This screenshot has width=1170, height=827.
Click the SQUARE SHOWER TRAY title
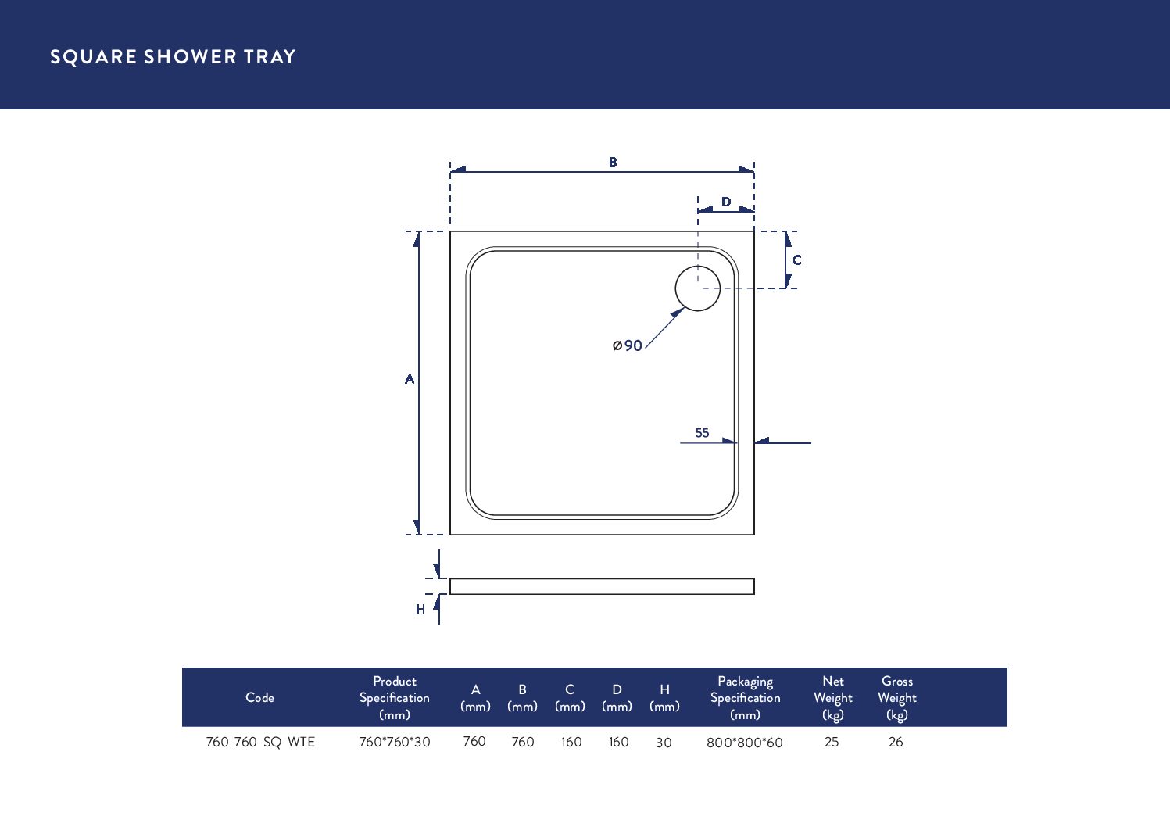coord(173,57)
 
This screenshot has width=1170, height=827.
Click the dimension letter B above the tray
coord(613,163)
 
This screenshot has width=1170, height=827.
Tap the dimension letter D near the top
coord(726,202)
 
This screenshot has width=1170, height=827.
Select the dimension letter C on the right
coord(796,260)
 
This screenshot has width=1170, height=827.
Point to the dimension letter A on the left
coord(409,379)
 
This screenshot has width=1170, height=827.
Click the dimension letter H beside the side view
coord(420,609)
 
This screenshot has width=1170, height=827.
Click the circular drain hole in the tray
coord(697,288)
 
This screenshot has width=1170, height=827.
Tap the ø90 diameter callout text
coord(628,345)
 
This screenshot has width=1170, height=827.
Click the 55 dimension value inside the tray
coord(702,433)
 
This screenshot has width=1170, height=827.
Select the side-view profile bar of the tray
coord(602,586)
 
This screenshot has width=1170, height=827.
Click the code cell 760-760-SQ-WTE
coord(260,742)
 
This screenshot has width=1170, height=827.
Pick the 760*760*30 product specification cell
coord(395,742)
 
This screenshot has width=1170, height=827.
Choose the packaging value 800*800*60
coord(744,743)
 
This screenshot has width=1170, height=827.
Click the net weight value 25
coord(832,742)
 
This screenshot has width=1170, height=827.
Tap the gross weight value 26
coord(896,742)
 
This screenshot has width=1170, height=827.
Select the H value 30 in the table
coord(664,743)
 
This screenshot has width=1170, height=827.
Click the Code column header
coord(259,697)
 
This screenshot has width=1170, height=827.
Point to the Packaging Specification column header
coord(745,697)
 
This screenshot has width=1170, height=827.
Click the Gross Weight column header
coord(896,697)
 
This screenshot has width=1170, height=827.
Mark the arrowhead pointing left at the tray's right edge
coord(762,442)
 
